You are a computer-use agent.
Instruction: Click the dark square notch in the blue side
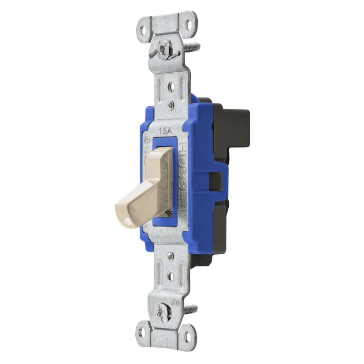coord(216,180)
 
